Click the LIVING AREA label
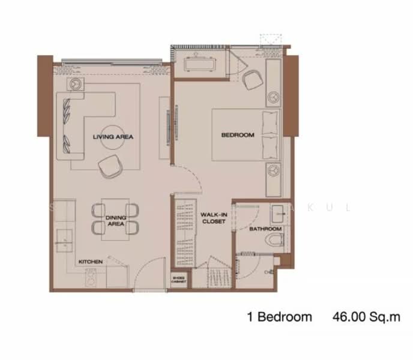(113, 137)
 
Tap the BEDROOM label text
(238, 135)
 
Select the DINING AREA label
(115, 220)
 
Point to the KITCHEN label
(90, 262)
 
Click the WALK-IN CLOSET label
(213, 217)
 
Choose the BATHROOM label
(265, 229)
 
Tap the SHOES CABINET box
(179, 280)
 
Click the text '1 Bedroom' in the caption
(279, 317)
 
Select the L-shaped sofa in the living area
(78, 123)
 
